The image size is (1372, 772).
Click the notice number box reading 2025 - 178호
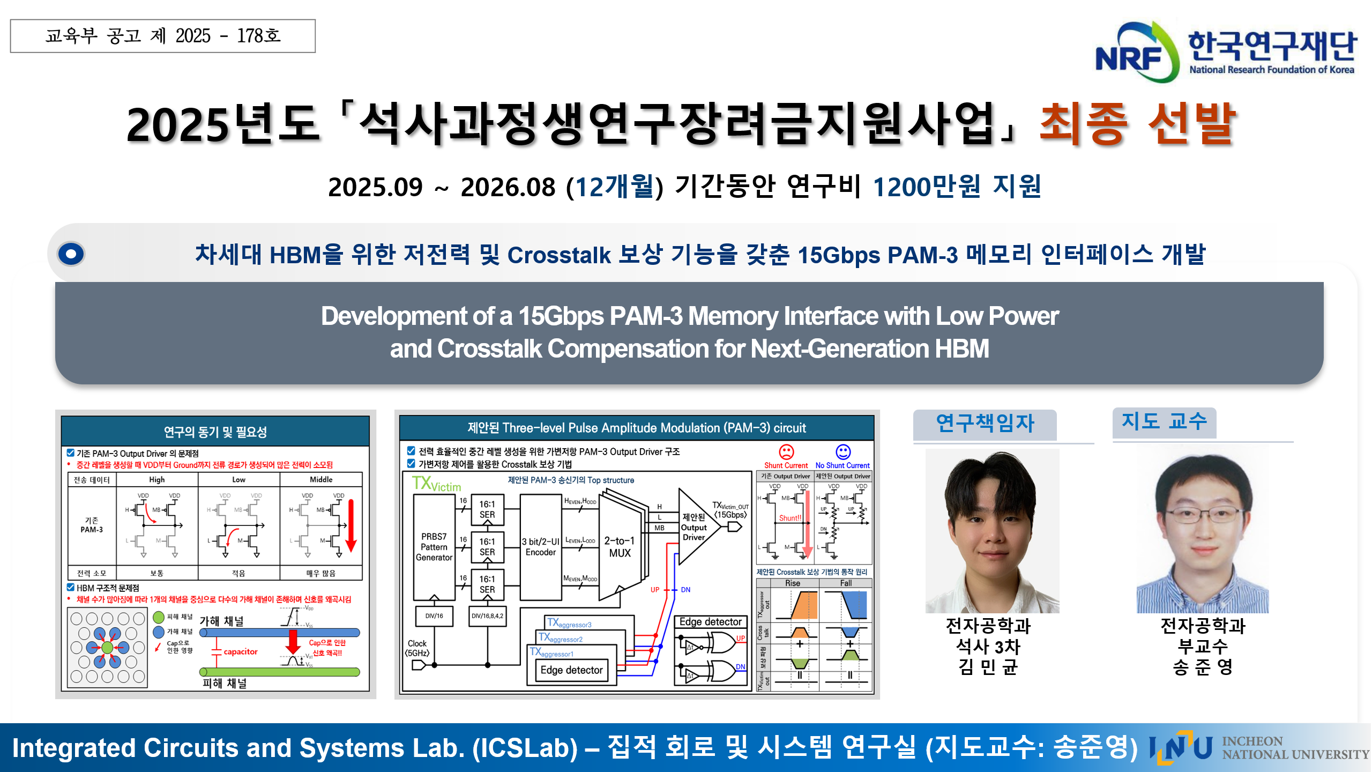[163, 36]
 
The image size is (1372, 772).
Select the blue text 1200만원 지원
[957, 187]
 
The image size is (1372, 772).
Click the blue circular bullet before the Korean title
[71, 254]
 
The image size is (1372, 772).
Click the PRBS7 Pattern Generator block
[434, 547]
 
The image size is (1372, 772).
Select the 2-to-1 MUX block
[620, 547]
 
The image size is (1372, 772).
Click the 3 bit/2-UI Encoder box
[541, 547]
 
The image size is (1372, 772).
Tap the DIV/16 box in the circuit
[434, 616]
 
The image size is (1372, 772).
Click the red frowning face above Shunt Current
[786, 451]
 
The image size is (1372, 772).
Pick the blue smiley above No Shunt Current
[843, 451]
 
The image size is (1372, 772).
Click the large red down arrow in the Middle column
[351, 525]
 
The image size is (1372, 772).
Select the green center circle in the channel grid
[107, 648]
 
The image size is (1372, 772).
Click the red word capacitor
[241, 651]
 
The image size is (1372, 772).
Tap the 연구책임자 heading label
[985, 424]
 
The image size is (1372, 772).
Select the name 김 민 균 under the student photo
[988, 667]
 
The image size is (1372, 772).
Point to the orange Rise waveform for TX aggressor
[804, 606]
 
